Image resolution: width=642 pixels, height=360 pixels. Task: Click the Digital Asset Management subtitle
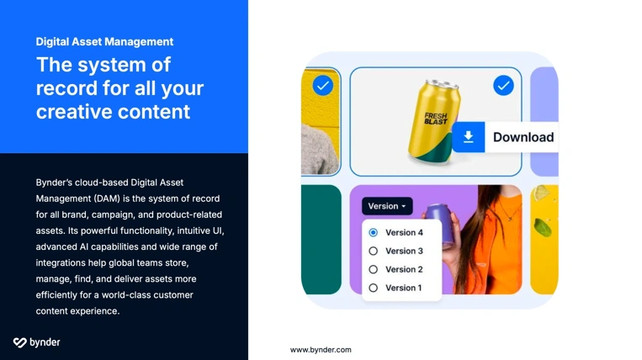tap(104, 41)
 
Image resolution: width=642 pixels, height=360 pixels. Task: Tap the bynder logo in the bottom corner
tap(36, 342)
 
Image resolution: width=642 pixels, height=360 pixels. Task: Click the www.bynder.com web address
tap(321, 349)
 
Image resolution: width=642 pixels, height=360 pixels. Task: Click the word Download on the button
tap(523, 137)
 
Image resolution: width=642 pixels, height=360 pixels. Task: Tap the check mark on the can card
tap(503, 85)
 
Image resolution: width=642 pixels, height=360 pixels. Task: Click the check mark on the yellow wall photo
tap(322, 85)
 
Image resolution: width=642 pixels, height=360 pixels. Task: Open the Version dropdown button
tap(387, 206)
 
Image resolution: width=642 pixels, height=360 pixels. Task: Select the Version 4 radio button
tap(374, 232)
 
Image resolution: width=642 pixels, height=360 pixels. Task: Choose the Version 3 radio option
tap(374, 251)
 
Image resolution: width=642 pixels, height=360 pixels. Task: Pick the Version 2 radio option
tap(374, 269)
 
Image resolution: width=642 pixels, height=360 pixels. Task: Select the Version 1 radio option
tap(374, 288)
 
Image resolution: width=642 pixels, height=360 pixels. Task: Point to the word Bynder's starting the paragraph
tap(59, 182)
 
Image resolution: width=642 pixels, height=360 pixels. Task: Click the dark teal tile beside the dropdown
tap(321, 240)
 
